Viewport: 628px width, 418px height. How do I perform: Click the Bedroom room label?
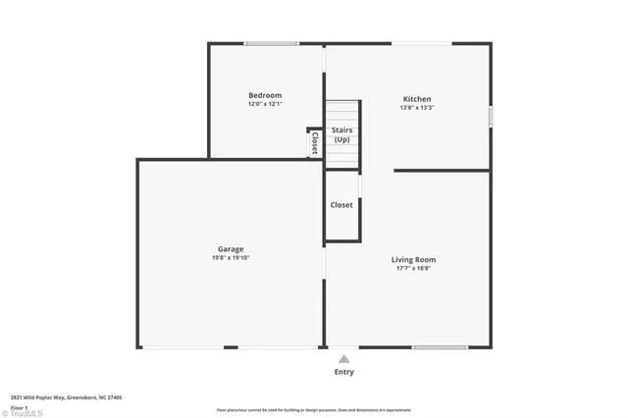tap(264, 95)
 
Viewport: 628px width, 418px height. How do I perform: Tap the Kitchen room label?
tap(417, 99)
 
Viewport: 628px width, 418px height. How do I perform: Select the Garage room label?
tap(231, 249)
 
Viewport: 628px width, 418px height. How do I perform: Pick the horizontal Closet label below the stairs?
tap(341, 205)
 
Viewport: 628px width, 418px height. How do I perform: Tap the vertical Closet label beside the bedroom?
tap(314, 144)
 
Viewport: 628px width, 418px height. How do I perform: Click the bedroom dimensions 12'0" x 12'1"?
tap(264, 104)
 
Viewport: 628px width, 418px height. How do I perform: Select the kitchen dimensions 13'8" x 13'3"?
tap(417, 108)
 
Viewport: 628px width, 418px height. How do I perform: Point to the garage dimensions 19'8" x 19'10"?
tap(231, 258)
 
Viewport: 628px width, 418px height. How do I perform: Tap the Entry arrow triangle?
tap(343, 359)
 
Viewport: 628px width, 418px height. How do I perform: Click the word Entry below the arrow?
tap(343, 372)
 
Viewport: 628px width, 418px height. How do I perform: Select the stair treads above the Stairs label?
tap(342, 111)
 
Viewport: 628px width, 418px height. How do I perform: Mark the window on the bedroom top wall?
tap(272, 43)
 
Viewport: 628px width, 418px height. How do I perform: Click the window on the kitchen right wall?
tap(490, 116)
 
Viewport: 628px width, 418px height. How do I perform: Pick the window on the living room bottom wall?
tap(439, 347)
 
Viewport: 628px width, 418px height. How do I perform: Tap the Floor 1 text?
tap(19, 405)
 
